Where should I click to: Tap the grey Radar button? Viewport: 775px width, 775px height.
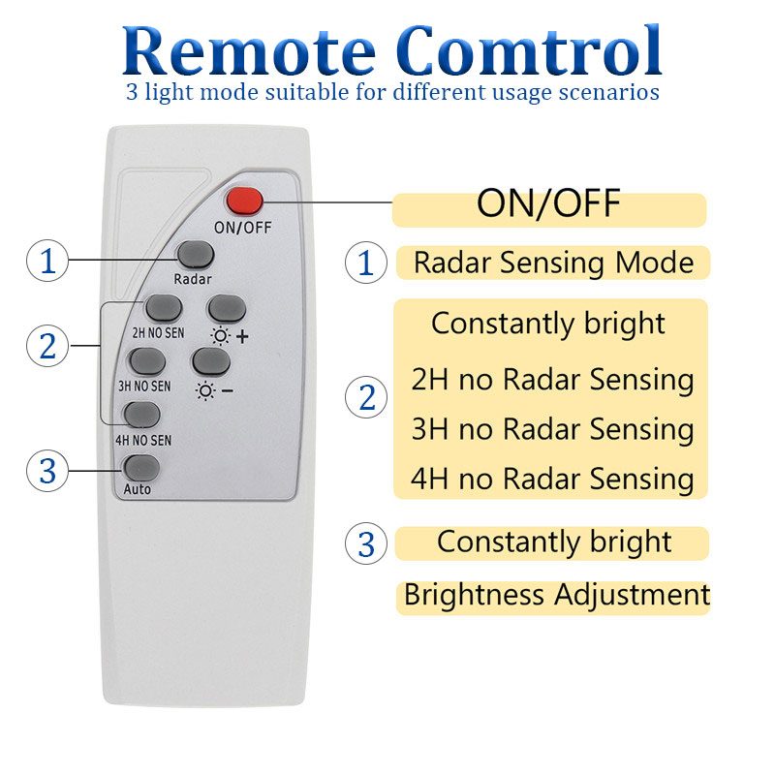tap(196, 256)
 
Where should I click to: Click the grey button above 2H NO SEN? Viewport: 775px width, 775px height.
tap(164, 309)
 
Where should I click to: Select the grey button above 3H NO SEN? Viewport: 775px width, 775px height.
tap(148, 361)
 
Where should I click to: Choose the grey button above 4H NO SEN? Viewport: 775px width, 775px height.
tap(142, 416)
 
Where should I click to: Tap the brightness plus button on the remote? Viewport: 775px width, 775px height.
tap(227, 309)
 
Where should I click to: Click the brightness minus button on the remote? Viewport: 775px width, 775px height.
tap(211, 361)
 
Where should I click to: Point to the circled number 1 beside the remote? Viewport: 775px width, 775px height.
tap(47, 261)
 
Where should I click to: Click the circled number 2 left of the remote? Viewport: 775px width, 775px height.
tap(47, 346)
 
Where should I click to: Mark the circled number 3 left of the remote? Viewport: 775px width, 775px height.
tap(47, 471)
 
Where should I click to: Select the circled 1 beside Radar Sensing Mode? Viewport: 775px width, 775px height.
tap(366, 263)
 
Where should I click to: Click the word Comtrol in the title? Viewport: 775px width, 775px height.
tap(528, 51)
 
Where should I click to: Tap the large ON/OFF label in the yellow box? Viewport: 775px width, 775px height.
tap(548, 203)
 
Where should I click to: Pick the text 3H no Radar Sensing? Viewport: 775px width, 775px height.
tap(552, 429)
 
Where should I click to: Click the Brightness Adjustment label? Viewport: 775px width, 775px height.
tap(557, 595)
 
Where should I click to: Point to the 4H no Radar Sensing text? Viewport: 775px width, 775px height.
tap(552, 479)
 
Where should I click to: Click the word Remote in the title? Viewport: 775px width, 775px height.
tap(249, 51)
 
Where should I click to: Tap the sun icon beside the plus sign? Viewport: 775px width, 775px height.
tap(221, 336)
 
